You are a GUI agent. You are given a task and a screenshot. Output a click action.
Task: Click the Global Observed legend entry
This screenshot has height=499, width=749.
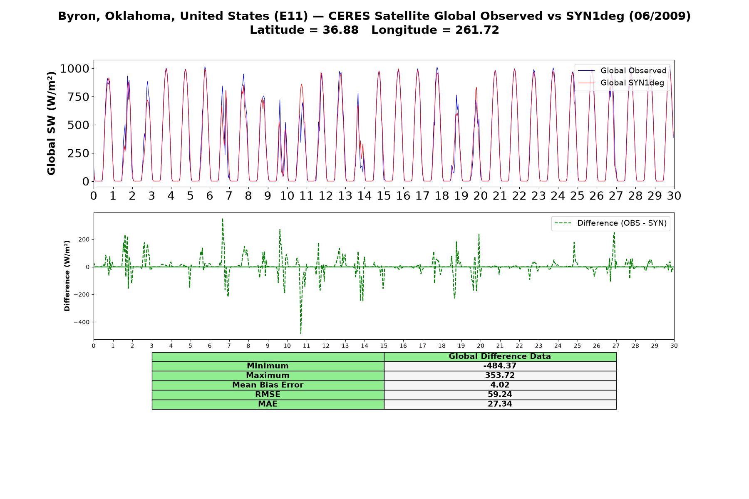[622, 71]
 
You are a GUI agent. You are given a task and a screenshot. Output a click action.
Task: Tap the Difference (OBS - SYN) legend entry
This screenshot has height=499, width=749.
[610, 223]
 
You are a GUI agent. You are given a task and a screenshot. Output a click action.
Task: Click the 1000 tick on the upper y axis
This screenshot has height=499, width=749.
[74, 69]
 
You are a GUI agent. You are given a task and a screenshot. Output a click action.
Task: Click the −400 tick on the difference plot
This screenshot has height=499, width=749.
[82, 322]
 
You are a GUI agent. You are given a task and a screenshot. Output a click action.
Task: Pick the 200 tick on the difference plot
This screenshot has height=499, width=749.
[84, 240]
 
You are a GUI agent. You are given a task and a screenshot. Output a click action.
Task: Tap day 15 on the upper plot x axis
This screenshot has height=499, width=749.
[384, 195]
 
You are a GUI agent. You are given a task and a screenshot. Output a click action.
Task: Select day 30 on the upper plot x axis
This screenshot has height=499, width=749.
[674, 195]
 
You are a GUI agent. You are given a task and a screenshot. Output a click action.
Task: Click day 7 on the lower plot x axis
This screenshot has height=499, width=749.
[229, 346]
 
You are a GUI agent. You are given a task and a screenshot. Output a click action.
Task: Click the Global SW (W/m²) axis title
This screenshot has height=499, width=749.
[51, 124]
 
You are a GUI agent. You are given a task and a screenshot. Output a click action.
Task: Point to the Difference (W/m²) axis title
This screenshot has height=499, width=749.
[67, 276]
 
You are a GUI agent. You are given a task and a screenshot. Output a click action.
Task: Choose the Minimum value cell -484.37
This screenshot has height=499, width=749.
[500, 366]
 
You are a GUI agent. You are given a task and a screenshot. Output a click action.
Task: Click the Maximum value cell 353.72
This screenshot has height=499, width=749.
[500, 375]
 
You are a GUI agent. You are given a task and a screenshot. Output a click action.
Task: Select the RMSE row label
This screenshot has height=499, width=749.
[268, 395]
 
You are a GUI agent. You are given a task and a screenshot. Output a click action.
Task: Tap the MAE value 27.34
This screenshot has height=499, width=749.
[500, 404]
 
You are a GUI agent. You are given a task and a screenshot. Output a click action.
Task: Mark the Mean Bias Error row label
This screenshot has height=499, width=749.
[268, 385]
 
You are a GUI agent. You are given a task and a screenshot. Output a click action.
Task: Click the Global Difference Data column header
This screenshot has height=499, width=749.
[500, 356]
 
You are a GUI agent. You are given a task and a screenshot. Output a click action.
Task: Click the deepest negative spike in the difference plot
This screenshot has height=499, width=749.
[301, 333]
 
